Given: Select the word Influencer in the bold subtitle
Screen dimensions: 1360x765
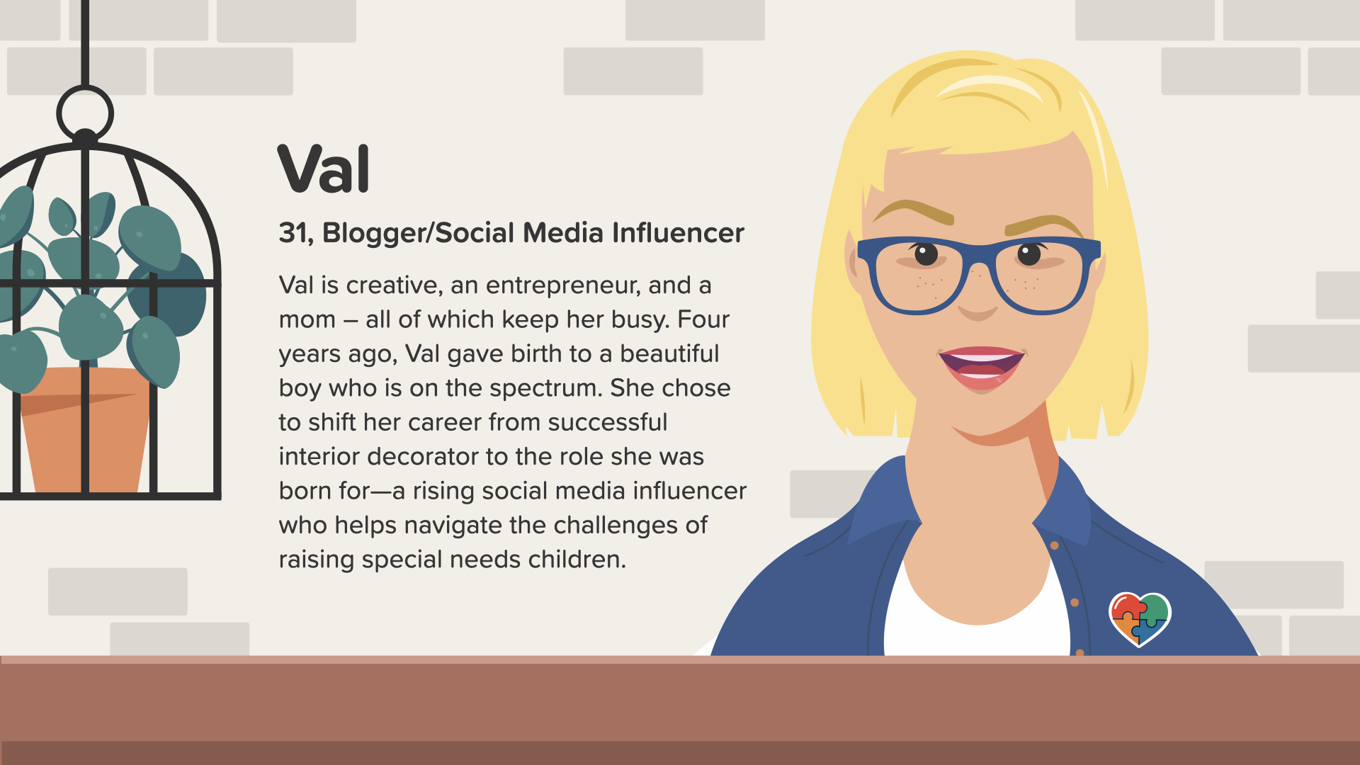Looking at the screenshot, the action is coord(678,233).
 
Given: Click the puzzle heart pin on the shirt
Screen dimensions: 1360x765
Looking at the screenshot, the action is coord(1139,618).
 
